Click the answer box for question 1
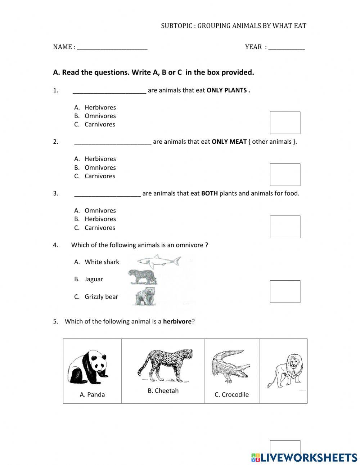point(285,123)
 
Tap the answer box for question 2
point(285,175)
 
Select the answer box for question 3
point(285,227)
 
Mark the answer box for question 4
point(285,291)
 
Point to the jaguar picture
point(143,277)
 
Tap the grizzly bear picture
point(145,296)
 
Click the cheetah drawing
point(165,364)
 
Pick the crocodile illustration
point(230,366)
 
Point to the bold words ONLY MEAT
point(229,142)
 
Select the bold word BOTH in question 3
point(209,193)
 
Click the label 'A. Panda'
point(92,395)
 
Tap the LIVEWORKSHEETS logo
point(304,457)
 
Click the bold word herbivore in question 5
point(177,321)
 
